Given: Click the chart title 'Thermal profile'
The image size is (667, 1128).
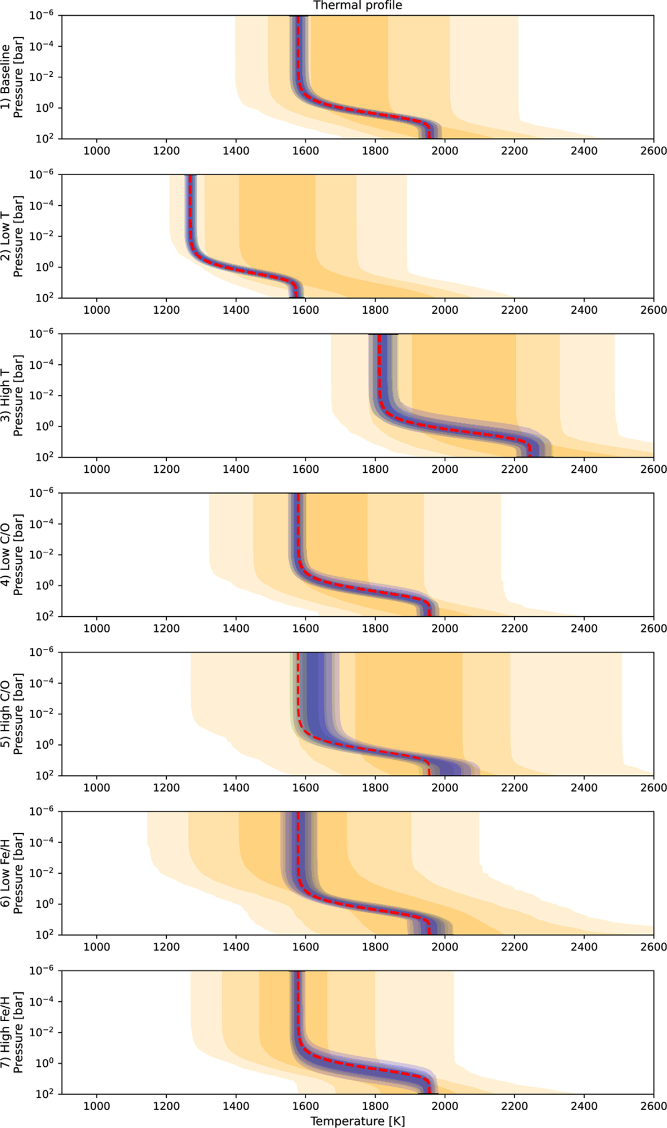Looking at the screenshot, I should pos(357,6).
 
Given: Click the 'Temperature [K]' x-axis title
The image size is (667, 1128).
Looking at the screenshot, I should pos(357,1121).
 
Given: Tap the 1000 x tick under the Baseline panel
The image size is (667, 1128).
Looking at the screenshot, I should pos(97,151).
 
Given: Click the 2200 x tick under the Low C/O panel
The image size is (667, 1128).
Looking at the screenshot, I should pos(514,629).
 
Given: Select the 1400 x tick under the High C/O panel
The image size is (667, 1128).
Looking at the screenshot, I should pos(236,788).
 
